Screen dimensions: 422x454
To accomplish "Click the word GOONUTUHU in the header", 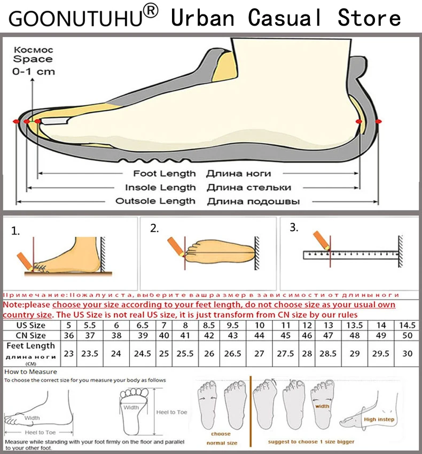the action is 75,19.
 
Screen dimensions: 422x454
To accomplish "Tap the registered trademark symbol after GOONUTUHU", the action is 151,11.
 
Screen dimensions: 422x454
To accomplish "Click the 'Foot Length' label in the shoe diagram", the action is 165,174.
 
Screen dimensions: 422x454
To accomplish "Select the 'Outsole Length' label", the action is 155,201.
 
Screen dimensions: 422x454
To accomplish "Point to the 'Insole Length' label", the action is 160,187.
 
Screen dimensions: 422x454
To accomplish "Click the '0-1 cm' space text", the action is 34,71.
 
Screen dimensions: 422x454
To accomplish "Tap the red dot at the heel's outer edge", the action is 379,122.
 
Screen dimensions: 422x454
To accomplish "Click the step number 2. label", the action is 154,229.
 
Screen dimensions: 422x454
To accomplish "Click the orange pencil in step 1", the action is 23,260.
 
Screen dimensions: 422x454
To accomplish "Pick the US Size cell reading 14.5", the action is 407,325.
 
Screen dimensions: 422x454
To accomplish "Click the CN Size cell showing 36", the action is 69,335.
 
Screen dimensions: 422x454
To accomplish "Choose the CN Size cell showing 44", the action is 259,335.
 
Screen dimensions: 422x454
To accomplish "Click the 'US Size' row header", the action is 31,325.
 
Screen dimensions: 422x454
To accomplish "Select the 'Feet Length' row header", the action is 31,346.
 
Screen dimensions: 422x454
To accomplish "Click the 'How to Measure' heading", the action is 30,371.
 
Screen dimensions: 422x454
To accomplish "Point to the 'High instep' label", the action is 379,420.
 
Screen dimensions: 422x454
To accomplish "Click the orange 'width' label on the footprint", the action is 322,406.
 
